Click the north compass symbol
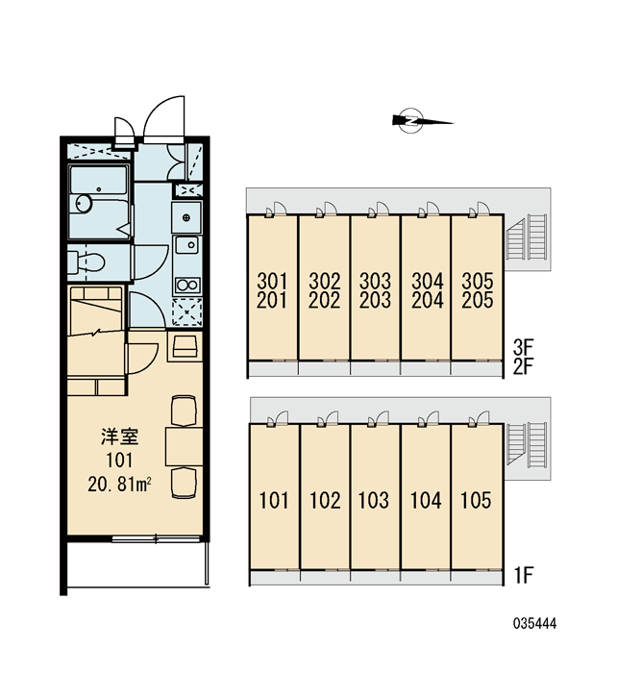pos(422,120)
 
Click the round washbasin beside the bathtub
pos(84,203)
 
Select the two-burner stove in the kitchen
pos(187,285)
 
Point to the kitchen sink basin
pos(187,245)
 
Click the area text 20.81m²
pos(119,485)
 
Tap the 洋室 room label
pos(120,436)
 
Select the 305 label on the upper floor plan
pos(478,281)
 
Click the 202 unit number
pos(325,300)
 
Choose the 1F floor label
pos(523,575)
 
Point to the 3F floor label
pos(523,345)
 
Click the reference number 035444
pos(534,623)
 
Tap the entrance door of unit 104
pos(429,419)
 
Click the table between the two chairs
pos(185,446)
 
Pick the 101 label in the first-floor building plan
pos(274,500)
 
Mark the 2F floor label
pos(523,366)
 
